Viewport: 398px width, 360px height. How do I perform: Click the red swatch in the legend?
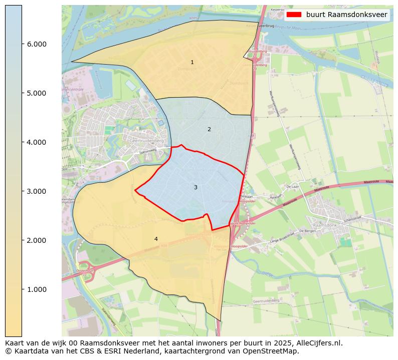pos(294,15)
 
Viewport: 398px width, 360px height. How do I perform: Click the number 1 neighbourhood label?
pos(192,63)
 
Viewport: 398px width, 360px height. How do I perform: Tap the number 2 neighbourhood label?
pos(209,130)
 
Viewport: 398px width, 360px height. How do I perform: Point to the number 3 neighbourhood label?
pos(195,187)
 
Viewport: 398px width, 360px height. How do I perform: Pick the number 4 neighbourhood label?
pos(156,239)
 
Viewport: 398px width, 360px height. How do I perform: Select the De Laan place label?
pos(292,186)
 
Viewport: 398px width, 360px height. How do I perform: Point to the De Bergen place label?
pos(306,231)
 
